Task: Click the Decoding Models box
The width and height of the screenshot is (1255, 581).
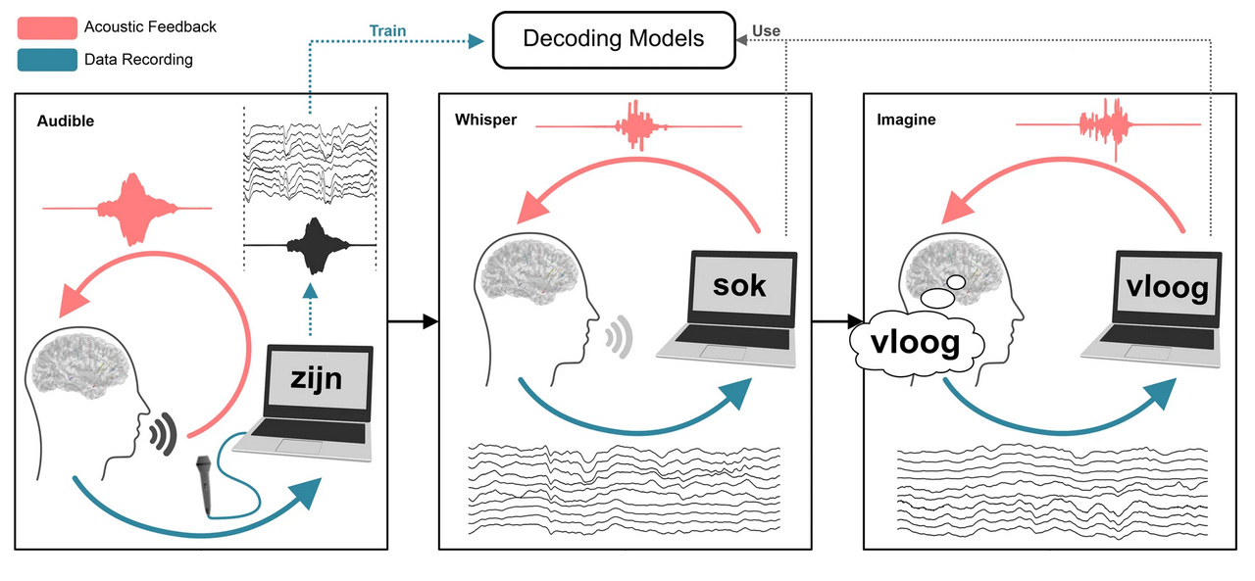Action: (613, 39)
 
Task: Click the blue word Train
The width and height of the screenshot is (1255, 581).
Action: (387, 31)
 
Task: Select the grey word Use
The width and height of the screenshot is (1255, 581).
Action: (766, 31)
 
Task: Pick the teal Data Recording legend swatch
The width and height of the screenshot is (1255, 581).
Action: (47, 60)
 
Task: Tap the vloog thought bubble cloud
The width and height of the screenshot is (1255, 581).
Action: (917, 343)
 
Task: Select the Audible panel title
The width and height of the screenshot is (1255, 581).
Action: (66, 121)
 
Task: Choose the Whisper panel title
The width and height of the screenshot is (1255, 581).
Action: (485, 121)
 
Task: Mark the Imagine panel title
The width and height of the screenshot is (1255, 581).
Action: (906, 121)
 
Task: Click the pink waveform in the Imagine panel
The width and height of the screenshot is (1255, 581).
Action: (1108, 125)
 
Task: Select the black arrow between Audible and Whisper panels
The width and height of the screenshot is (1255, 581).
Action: (412, 320)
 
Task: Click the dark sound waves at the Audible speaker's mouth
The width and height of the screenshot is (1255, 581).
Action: (163, 431)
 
